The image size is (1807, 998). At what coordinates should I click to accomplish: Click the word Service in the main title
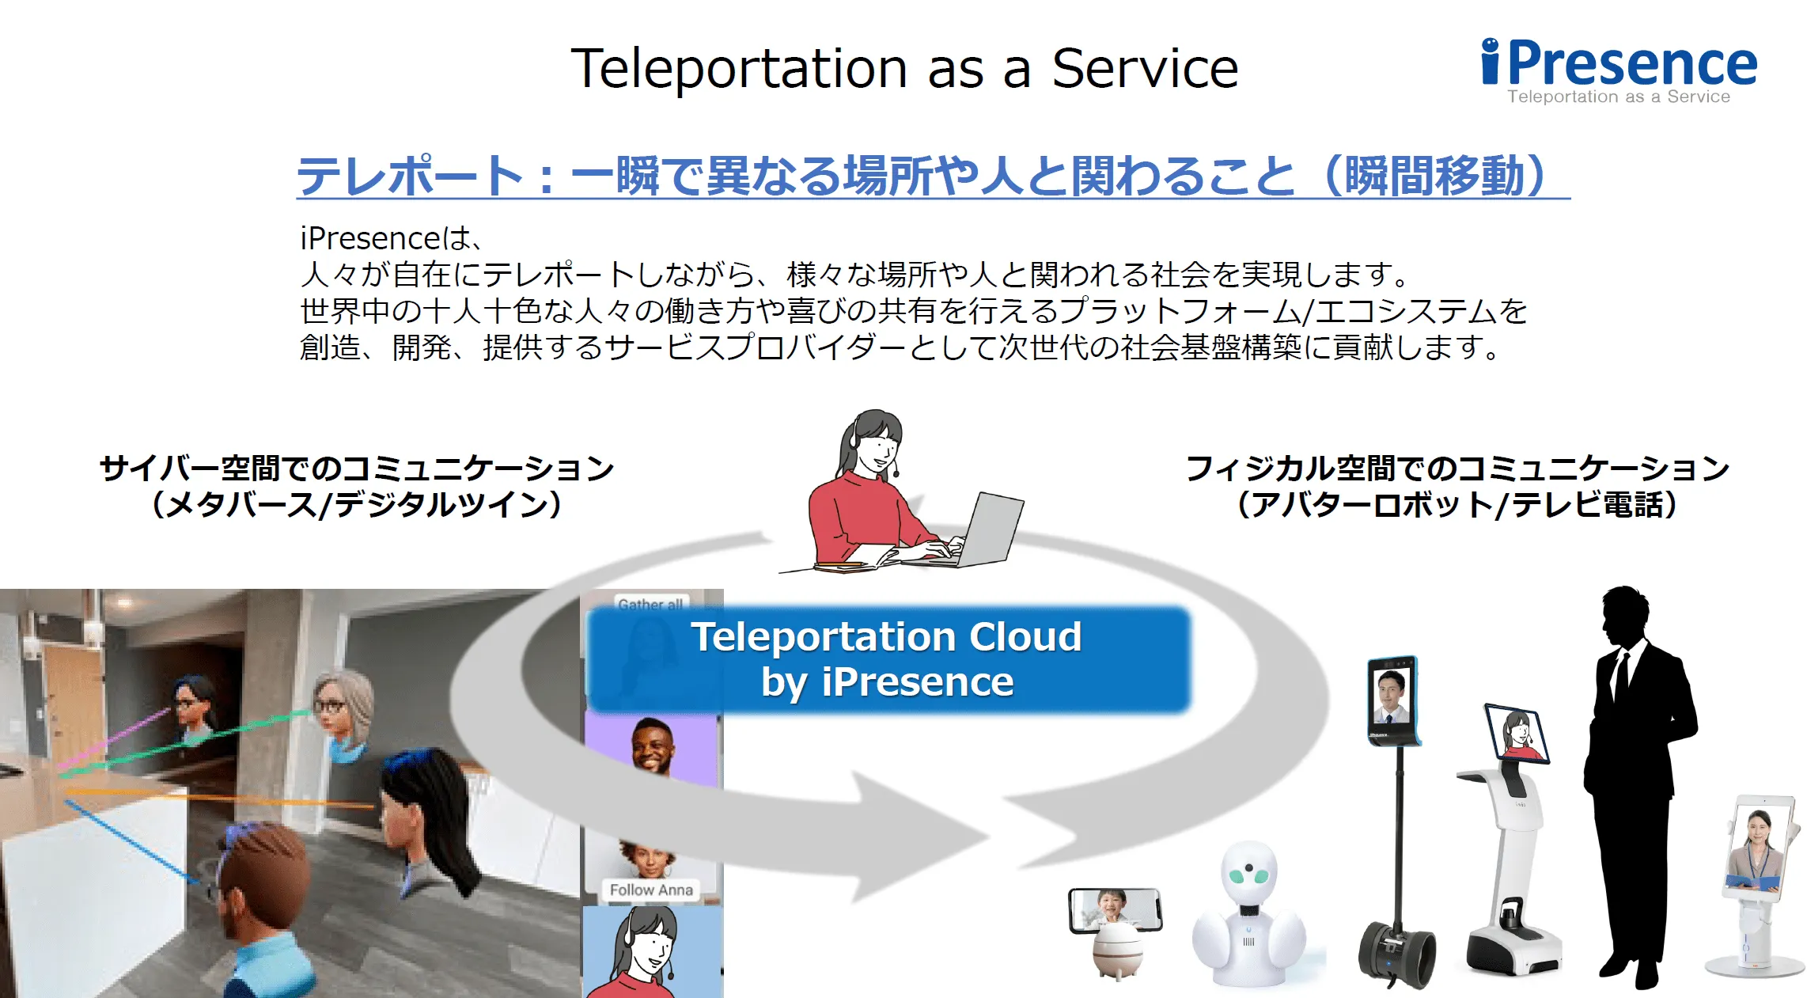coord(1145,69)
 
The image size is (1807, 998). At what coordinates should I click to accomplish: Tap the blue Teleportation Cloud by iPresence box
coord(888,659)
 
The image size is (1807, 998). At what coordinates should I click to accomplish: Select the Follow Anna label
coord(651,890)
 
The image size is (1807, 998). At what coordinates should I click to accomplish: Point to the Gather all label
coord(650,604)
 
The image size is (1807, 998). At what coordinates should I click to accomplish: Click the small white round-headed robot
coord(1248,914)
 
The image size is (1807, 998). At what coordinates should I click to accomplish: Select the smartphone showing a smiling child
coord(1116,910)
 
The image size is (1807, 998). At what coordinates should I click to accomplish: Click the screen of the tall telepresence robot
coord(1392,700)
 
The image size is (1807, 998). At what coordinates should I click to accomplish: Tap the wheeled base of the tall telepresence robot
coord(1396,954)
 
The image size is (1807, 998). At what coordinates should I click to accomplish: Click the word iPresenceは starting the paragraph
coord(387,238)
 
